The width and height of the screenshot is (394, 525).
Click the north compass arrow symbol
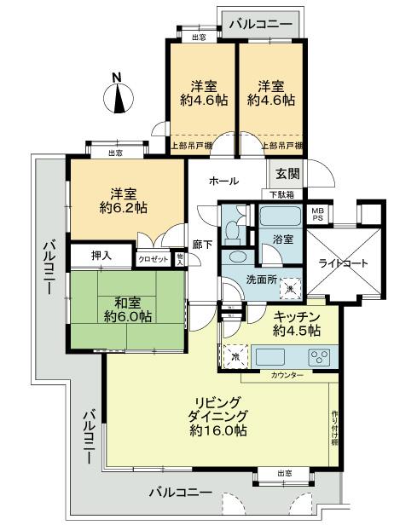[119, 97]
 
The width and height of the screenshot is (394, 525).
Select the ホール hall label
[223, 182]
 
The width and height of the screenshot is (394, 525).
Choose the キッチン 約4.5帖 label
[295, 323]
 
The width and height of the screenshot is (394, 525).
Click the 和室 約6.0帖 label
[127, 309]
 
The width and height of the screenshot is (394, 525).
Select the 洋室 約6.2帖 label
[125, 200]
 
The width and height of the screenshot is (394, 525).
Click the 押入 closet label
[102, 256]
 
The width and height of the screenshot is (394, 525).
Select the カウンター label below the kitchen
[286, 375]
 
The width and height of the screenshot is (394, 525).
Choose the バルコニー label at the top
[261, 23]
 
